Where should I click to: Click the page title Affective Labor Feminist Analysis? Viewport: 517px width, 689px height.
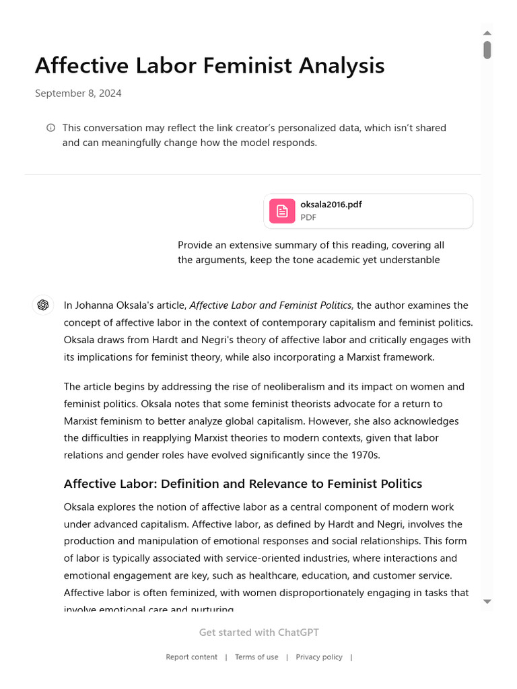209,66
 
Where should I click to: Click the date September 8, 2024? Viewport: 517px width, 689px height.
78,94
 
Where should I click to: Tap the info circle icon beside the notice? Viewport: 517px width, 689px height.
50,128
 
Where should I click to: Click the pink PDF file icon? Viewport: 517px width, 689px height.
282,211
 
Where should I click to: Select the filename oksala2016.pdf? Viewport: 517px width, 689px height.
331,205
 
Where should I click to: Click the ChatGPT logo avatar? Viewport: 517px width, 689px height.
43,305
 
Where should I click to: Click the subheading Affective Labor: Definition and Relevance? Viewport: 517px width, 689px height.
242,483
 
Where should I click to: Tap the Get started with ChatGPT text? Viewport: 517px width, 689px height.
258,632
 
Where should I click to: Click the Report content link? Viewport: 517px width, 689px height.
191,657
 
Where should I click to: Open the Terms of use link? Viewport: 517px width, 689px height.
256,657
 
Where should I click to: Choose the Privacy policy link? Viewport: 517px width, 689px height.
319,657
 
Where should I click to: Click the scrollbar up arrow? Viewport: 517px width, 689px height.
487,32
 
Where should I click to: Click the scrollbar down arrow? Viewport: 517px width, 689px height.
487,602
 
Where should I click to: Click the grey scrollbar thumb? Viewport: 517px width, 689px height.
487,50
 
